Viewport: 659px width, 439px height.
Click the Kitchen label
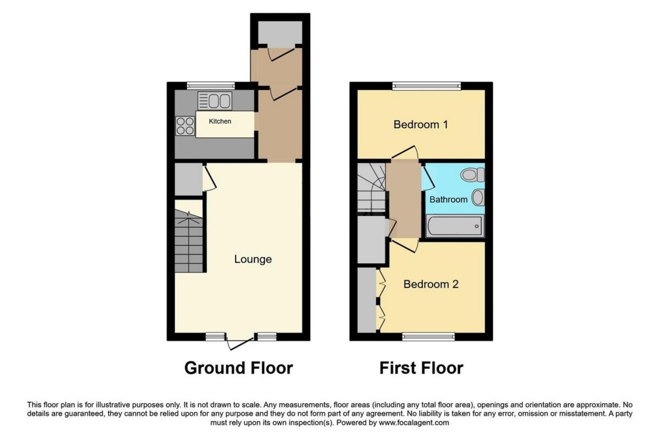pyautogui.click(x=220, y=121)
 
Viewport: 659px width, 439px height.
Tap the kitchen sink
pyautogui.click(x=215, y=101)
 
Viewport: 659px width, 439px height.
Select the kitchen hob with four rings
pyautogui.click(x=185, y=126)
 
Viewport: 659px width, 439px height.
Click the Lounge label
pyautogui.click(x=253, y=259)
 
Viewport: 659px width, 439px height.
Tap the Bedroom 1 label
pyautogui.click(x=421, y=125)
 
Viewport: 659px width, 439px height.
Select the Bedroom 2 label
pyautogui.click(x=431, y=284)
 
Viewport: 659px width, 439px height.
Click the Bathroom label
pyautogui.click(x=448, y=199)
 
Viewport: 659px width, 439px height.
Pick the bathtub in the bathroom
pyautogui.click(x=454, y=225)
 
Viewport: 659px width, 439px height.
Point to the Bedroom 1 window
pyautogui.click(x=427, y=85)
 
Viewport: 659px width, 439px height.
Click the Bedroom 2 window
pyautogui.click(x=428, y=336)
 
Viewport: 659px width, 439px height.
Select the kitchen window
pyautogui.click(x=210, y=85)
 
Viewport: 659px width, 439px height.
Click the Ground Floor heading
pyautogui.click(x=238, y=368)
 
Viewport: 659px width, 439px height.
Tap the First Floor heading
pyautogui.click(x=421, y=368)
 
